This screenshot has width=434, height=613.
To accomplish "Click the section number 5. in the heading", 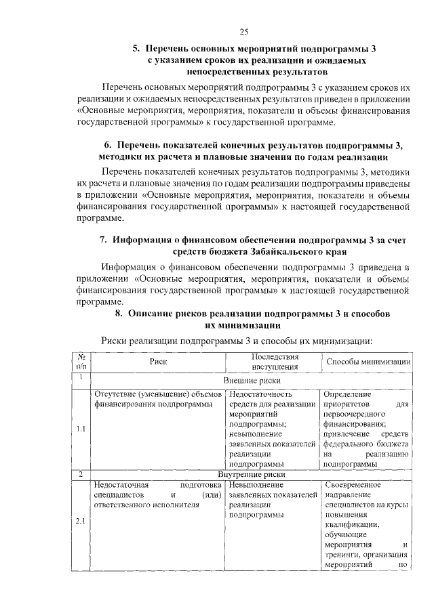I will click(x=136, y=49).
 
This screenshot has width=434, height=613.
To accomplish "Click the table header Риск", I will click(x=158, y=362).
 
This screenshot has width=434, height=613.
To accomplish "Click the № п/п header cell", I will click(x=81, y=362).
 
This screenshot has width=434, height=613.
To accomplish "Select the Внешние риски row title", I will click(x=247, y=381).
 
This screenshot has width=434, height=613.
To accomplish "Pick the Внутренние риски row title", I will click(x=247, y=474).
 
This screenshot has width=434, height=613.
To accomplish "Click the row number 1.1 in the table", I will click(x=80, y=429).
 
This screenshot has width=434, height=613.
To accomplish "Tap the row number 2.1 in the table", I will click(x=80, y=522).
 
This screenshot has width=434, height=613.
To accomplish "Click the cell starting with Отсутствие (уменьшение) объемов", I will click(x=158, y=399).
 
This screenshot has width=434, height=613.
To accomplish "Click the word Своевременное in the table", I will click(x=352, y=485).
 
